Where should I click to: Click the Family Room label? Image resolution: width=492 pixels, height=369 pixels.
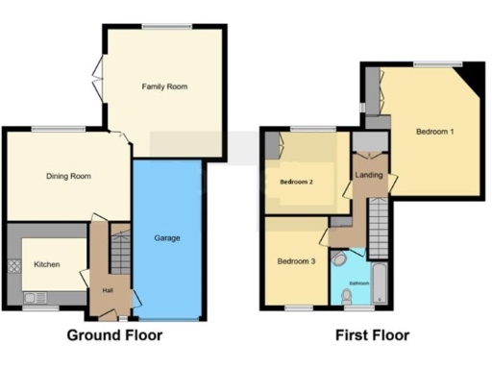point(164,86)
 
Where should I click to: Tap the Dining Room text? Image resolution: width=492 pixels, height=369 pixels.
point(68,176)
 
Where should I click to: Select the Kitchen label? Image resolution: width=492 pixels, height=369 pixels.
point(48,263)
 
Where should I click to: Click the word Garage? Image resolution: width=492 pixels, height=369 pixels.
point(167,237)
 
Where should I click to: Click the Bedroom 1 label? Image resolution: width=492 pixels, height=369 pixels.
point(435,130)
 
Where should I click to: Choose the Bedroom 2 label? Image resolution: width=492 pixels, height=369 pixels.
point(298,181)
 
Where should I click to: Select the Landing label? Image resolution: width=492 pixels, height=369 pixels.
point(368,175)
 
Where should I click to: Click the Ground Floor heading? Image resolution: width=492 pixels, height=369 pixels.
point(113,335)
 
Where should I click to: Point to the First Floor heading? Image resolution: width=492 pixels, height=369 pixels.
point(372,335)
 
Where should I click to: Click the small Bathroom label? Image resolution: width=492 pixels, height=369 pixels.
point(357,283)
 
